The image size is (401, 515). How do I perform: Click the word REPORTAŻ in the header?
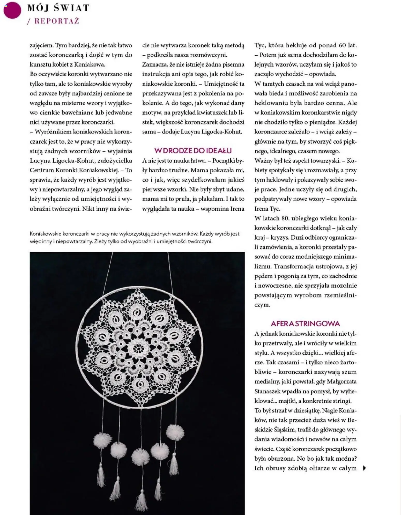coord(57,21)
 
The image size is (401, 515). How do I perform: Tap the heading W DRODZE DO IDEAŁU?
coord(193,151)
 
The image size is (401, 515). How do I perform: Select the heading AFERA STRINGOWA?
coord(305,324)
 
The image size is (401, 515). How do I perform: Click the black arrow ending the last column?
coord(365,468)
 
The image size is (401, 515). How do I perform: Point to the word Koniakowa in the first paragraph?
coord(90,64)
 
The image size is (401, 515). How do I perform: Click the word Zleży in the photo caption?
coord(100,241)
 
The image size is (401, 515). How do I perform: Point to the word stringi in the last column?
coord(342,401)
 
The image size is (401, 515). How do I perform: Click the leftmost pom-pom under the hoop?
coord(103,440)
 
